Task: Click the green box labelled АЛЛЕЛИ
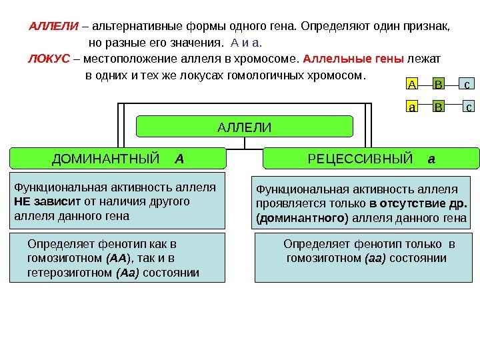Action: (245, 126)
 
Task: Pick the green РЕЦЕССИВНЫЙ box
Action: (371, 159)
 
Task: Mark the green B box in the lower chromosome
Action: (439, 106)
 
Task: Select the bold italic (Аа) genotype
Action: (127, 273)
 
